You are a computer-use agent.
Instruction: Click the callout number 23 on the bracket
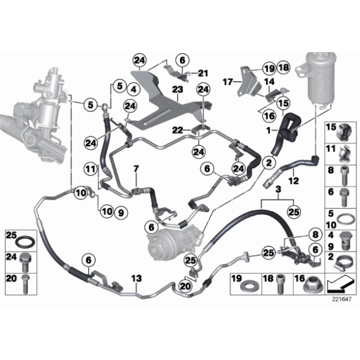177,89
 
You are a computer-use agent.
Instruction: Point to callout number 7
135,169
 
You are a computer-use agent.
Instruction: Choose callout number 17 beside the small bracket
228,81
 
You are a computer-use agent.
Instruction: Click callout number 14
270,81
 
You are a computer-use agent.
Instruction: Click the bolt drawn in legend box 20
25,282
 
